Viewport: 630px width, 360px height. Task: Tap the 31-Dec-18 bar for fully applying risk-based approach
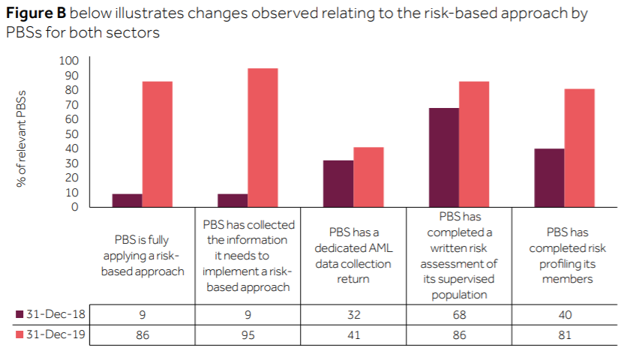point(127,200)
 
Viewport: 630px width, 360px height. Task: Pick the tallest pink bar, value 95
point(262,138)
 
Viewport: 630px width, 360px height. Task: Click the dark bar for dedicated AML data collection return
point(337,184)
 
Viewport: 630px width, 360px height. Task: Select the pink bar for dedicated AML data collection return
point(368,177)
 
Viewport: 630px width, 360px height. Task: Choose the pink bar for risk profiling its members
point(579,148)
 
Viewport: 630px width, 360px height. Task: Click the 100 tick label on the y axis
point(68,61)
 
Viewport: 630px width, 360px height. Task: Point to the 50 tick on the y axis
point(70,134)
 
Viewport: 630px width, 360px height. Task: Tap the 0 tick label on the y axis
point(74,207)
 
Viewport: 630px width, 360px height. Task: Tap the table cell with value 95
point(247,334)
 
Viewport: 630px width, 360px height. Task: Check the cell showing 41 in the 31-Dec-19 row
point(352,334)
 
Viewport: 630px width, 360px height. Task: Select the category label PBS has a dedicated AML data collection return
point(352,256)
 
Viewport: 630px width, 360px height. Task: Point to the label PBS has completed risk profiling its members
point(564,256)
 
